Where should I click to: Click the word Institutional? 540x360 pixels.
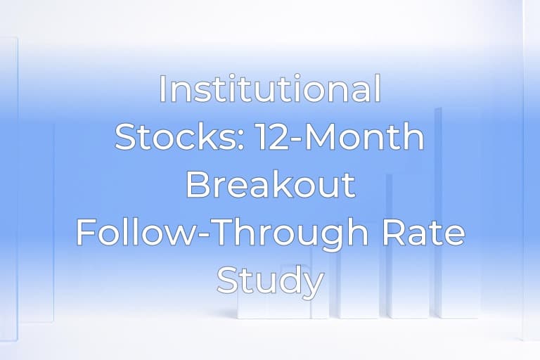pos(270,90)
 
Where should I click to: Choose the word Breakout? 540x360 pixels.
pos(270,184)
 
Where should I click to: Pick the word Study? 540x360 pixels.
pos(270,281)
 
